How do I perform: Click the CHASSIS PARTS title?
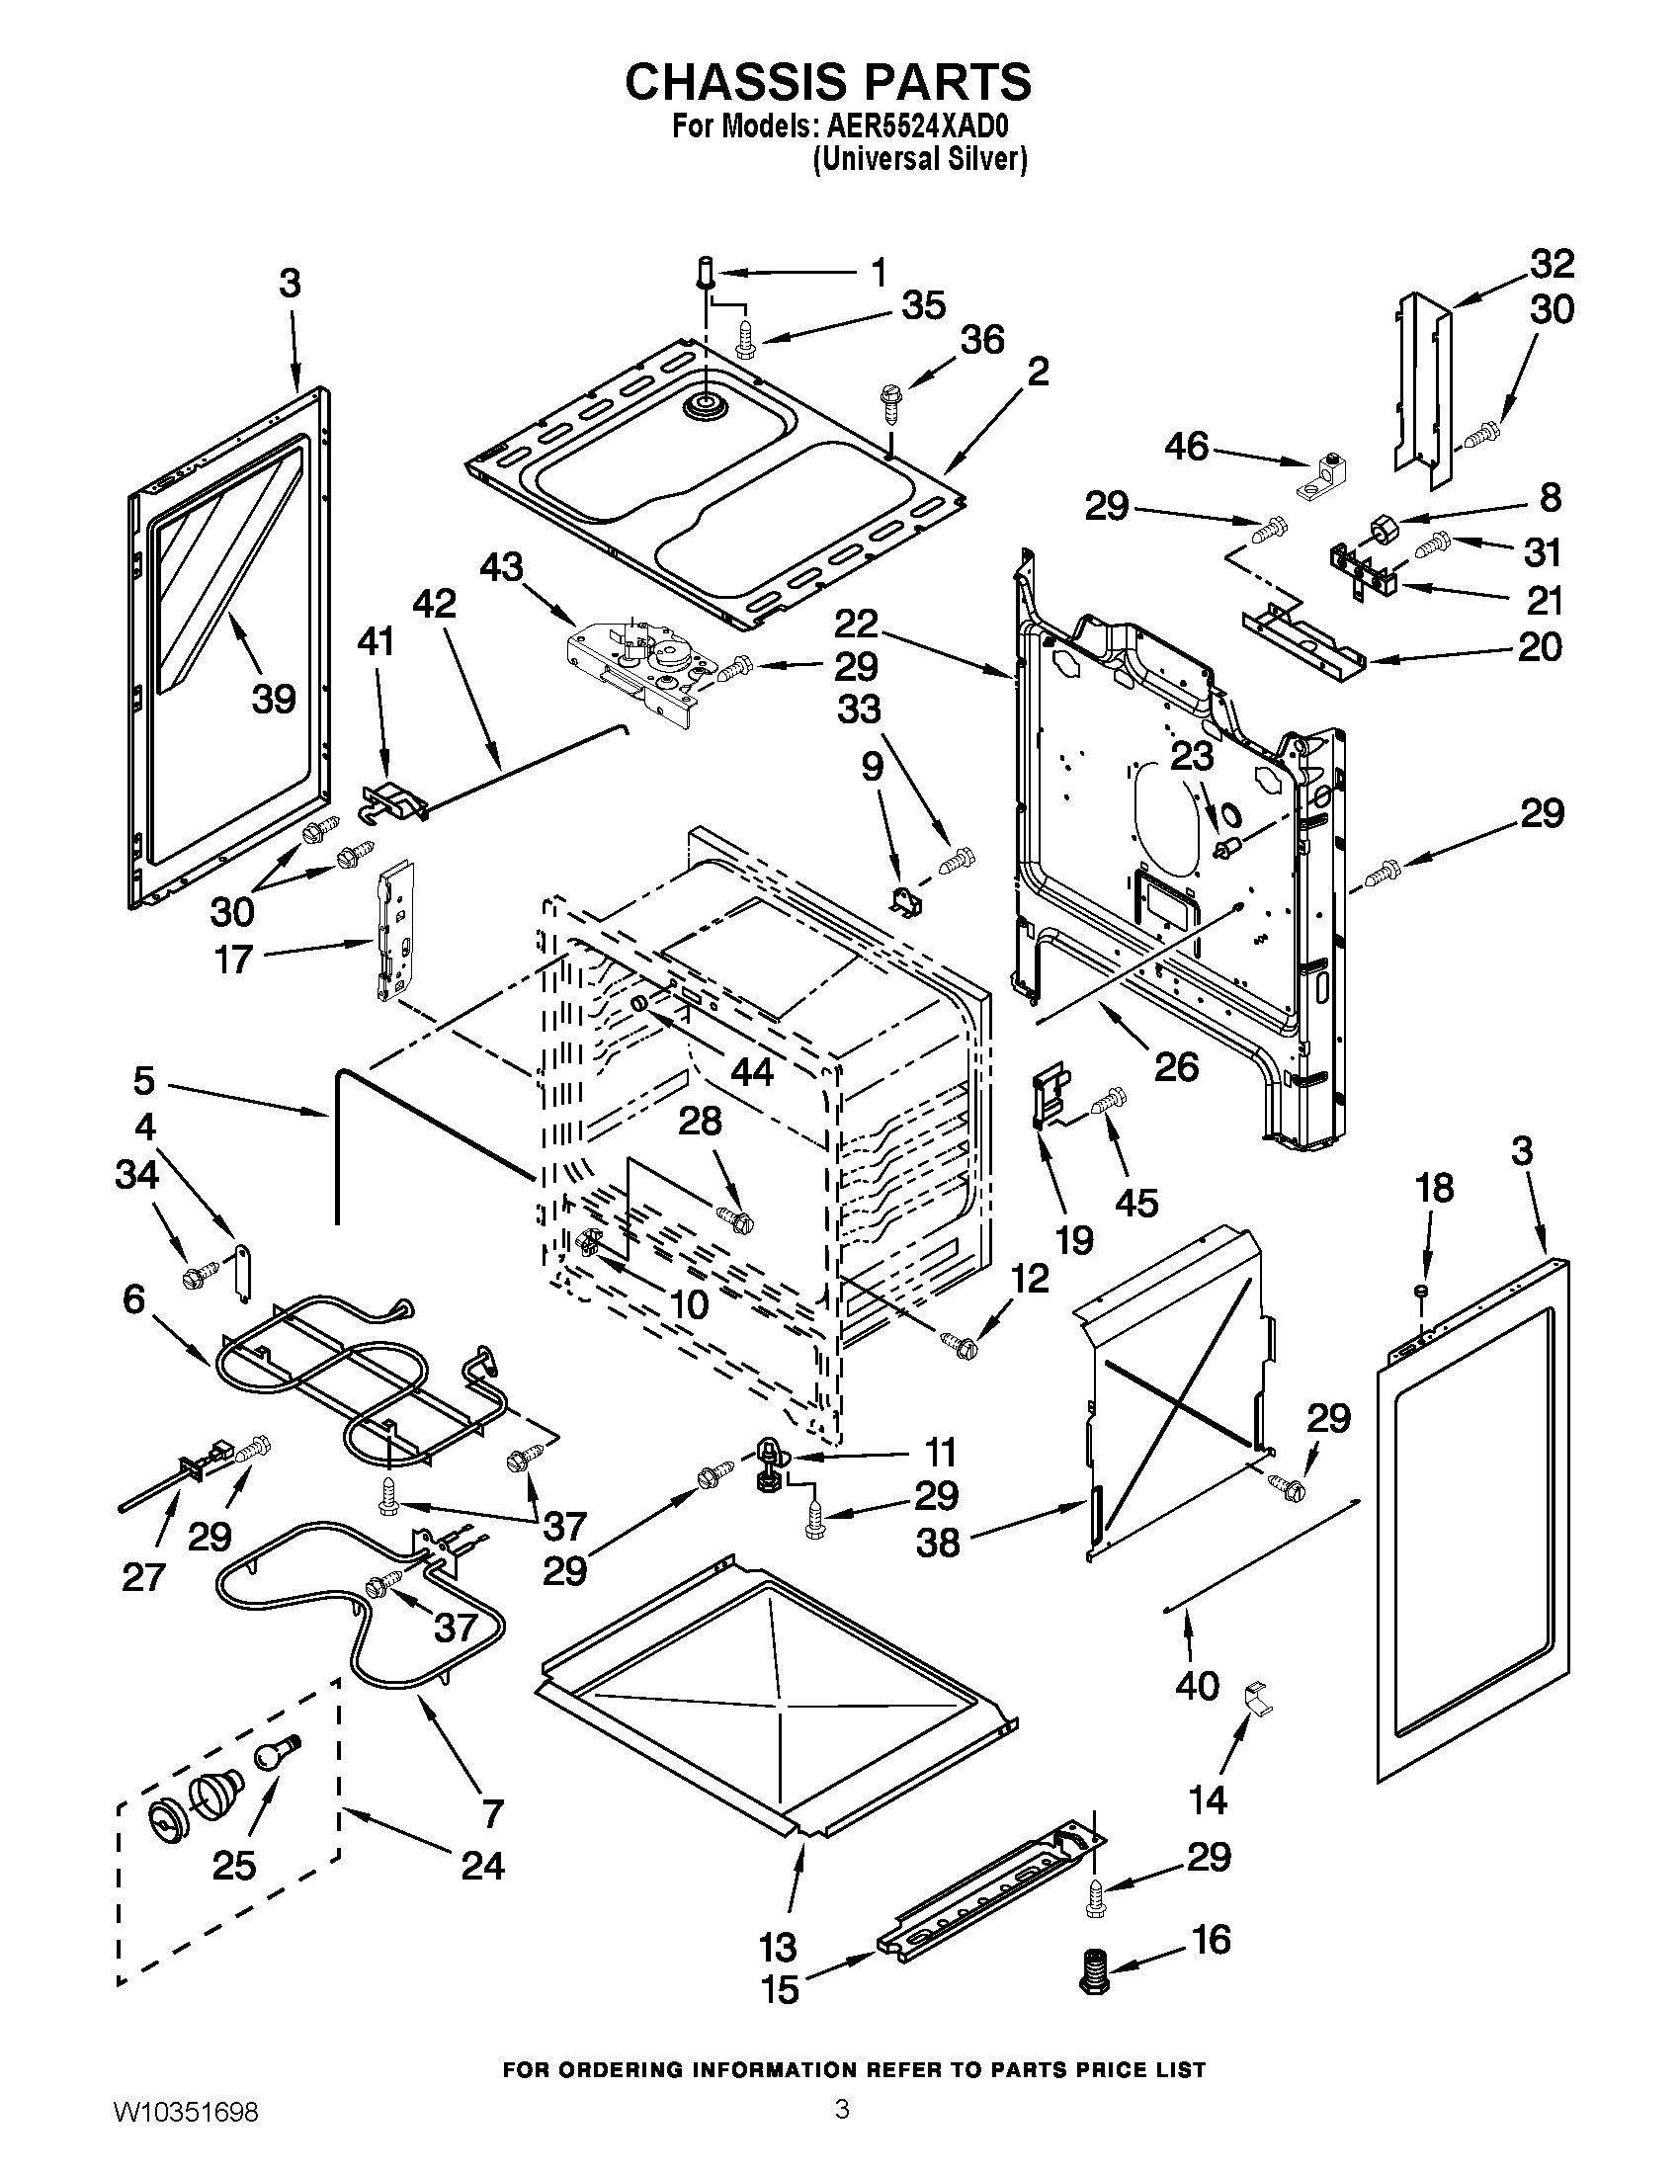(x=828, y=83)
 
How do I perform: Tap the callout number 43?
(x=501, y=568)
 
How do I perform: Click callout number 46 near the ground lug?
(x=1186, y=447)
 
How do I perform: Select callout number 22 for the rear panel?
(x=856, y=625)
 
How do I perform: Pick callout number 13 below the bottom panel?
(x=778, y=1944)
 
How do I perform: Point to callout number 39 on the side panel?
(x=274, y=699)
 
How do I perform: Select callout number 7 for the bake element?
(x=493, y=1812)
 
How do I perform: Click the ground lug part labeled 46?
(x=1321, y=476)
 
